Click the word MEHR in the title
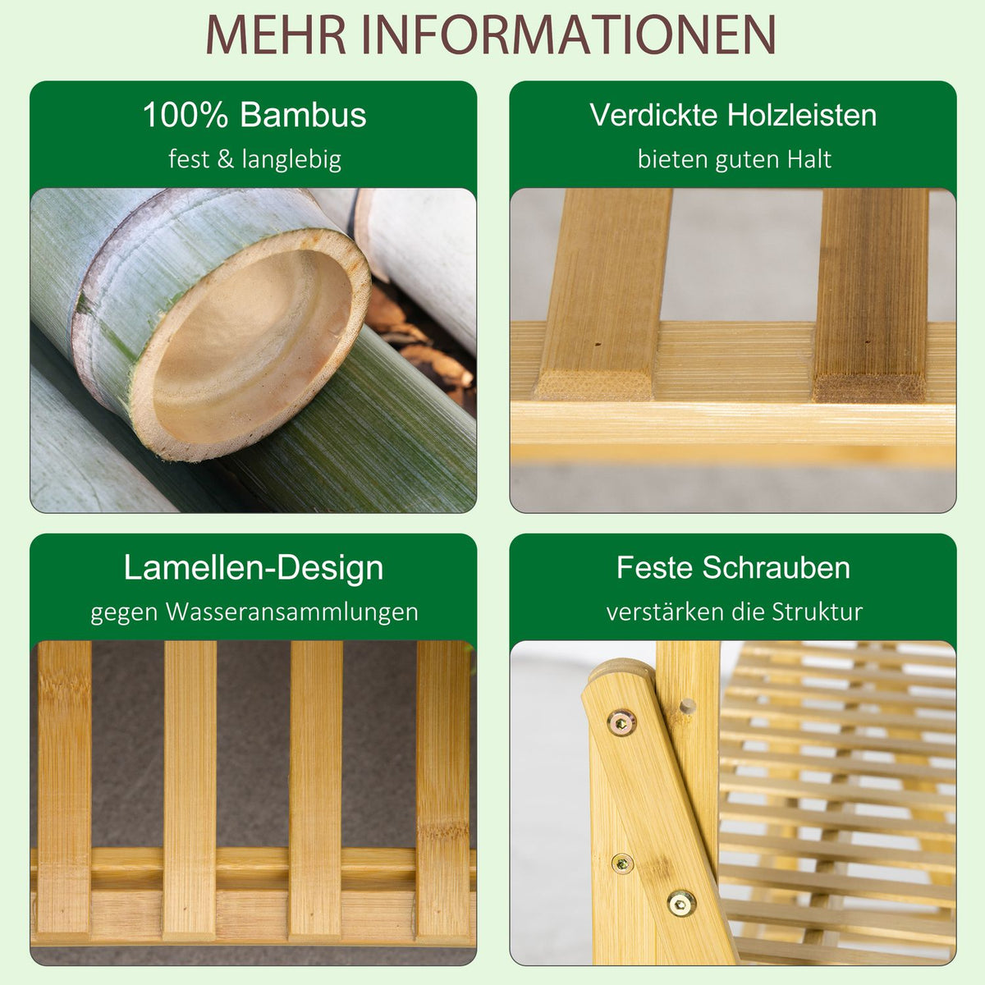(x=276, y=34)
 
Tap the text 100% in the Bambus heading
(x=185, y=114)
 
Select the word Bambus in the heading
(x=303, y=114)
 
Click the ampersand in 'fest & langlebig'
(x=226, y=159)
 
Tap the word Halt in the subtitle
(x=809, y=159)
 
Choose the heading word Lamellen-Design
(x=254, y=568)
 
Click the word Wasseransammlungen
(x=292, y=612)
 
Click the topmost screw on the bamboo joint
(x=621, y=723)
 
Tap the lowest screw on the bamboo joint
(x=680, y=905)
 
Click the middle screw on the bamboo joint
(x=622, y=864)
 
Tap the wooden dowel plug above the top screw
(x=689, y=707)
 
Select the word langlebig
(x=291, y=160)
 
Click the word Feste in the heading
(x=653, y=567)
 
